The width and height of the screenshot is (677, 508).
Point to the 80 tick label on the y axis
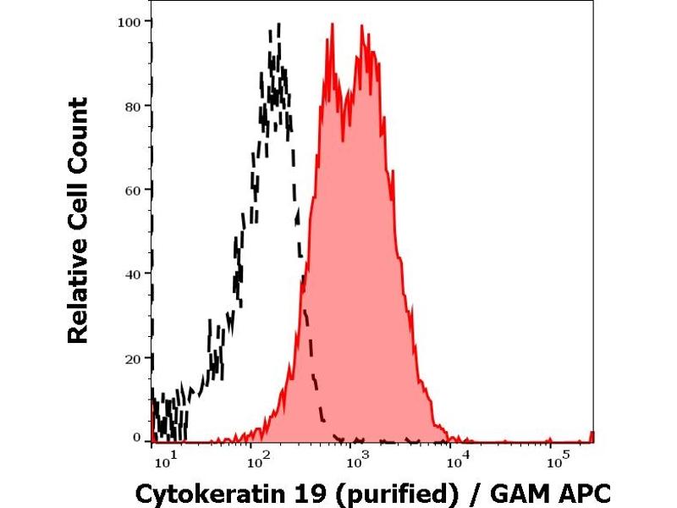coord(132,106)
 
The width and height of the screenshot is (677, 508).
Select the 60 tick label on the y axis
coord(132,190)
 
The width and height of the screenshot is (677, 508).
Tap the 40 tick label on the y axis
coord(132,273)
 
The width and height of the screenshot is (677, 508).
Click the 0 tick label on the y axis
coord(135,437)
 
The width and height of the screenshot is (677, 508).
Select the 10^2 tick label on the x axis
coord(256,461)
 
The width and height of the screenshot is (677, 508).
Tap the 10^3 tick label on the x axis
coord(357,461)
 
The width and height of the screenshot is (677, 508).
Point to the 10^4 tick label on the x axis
coord(457,461)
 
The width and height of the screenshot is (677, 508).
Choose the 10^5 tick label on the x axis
coord(556,461)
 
